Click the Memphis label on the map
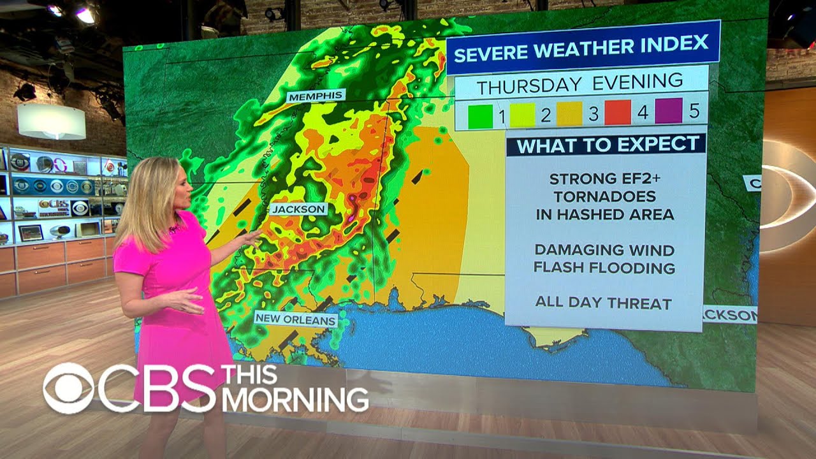316,96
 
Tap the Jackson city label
298,209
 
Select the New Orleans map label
296,319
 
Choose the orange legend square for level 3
569,114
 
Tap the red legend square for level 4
617,113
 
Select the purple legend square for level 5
668,111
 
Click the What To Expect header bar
606,145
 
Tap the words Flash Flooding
604,268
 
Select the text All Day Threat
603,303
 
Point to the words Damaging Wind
604,250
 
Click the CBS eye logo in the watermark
68,388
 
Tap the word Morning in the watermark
295,400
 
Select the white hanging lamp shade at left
51,121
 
